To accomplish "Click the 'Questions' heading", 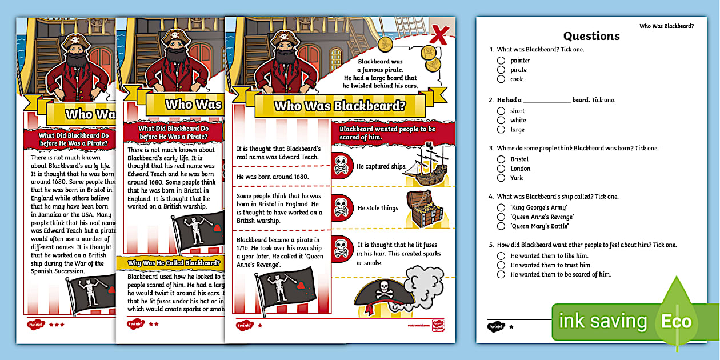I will (591, 36).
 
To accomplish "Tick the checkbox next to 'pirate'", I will (501, 70).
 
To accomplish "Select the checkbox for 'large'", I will (501, 130).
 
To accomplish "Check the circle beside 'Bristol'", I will (501, 159).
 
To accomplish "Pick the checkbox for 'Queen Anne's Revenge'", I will (501, 217).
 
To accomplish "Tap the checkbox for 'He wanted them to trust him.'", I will (501, 265).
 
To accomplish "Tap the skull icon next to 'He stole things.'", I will (341, 207).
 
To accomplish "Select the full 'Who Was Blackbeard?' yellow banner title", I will (339, 106).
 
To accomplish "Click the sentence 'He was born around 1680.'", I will (273, 177).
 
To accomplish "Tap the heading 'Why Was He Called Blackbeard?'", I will (174, 263).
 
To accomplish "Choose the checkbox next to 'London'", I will (501, 169).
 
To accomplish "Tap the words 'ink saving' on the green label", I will (603, 322).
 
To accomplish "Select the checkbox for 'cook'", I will (501, 79).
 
